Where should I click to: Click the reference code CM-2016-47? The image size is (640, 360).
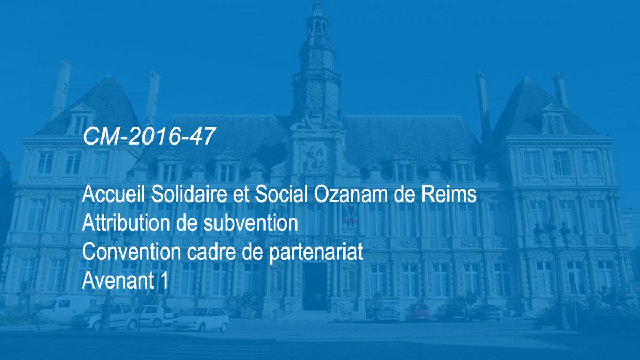click(x=148, y=136)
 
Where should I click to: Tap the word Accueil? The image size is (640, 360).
click(x=114, y=195)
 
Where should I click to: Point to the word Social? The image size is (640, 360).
click(x=281, y=195)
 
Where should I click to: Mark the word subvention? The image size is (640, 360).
click(x=251, y=223)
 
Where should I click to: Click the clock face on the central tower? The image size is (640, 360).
click(x=315, y=89)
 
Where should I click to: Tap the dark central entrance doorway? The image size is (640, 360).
click(x=315, y=286)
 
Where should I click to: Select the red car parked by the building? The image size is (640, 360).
click(x=418, y=313)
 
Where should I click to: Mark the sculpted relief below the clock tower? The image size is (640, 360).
click(x=315, y=157)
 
